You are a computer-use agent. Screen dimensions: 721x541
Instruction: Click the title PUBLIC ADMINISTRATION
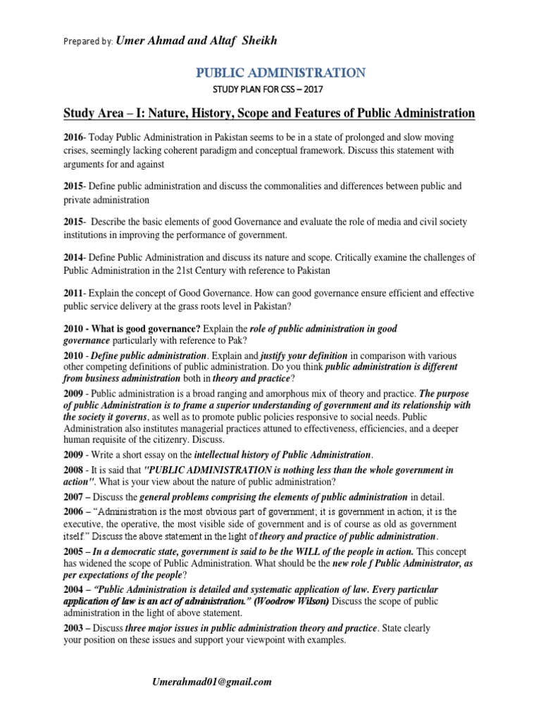pyautogui.click(x=280, y=73)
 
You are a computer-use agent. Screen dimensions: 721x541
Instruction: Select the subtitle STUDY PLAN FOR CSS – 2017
pyautogui.click(x=280, y=90)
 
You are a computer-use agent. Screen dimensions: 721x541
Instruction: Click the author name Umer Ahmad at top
pyautogui.click(x=166, y=41)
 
